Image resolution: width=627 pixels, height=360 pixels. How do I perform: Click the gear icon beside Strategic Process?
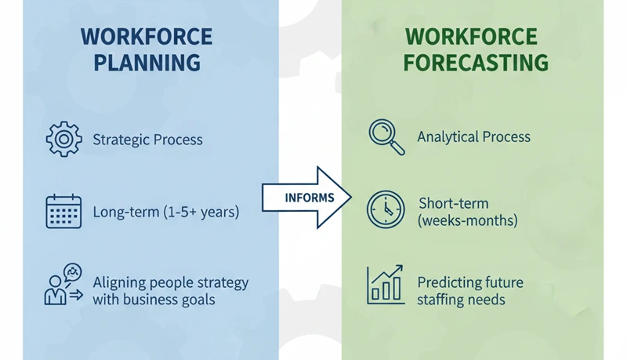(63, 140)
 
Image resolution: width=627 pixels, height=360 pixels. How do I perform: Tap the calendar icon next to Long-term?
(63, 211)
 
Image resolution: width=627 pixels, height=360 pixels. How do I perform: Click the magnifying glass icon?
(386, 136)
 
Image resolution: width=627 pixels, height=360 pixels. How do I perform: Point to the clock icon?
(386, 210)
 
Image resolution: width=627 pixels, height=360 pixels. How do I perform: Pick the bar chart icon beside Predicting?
(386, 285)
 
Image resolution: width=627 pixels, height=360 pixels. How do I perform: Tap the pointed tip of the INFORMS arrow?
(350, 198)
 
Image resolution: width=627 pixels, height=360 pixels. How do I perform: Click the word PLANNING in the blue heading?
(147, 63)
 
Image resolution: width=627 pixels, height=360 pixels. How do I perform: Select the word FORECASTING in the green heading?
(475, 63)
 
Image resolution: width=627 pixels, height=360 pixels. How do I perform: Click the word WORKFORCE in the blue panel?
(147, 37)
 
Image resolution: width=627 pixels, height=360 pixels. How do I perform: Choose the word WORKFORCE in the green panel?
(471, 37)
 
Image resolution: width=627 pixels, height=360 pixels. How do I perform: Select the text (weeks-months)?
(468, 221)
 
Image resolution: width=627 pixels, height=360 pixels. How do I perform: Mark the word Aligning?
(118, 282)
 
